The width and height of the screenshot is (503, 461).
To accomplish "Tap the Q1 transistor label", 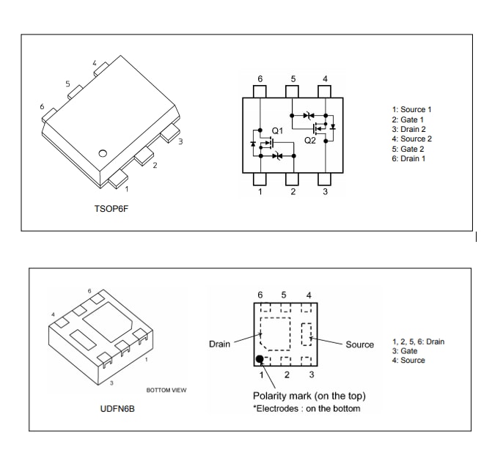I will click(x=276, y=130).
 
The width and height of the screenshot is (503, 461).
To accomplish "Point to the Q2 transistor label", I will click(x=309, y=140).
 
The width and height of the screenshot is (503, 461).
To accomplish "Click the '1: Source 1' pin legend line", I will click(x=411, y=109).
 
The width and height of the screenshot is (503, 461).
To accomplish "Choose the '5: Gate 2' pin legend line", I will click(x=408, y=149).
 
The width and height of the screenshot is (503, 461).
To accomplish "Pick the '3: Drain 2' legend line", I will click(x=408, y=129).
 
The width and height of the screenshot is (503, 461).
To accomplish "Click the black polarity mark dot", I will click(x=260, y=359).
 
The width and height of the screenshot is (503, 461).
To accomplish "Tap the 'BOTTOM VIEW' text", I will click(x=166, y=390).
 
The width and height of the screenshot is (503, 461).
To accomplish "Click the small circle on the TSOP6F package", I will click(x=103, y=153).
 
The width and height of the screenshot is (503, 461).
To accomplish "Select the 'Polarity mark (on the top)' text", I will click(x=309, y=396).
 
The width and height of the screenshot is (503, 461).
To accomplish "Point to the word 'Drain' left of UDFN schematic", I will click(x=219, y=344).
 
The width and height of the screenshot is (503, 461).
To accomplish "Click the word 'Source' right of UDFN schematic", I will click(x=359, y=344).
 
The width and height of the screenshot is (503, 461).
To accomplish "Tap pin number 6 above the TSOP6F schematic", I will click(x=260, y=78).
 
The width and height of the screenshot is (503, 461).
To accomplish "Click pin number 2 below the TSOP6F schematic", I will click(x=293, y=192).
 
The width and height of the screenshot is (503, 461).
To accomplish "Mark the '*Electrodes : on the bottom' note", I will click(x=306, y=408).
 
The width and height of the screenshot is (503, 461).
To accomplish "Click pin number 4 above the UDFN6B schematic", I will click(x=308, y=295).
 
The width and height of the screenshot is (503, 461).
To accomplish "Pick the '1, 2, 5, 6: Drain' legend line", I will click(x=418, y=342).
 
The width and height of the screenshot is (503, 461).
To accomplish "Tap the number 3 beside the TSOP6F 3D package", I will click(x=180, y=141).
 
